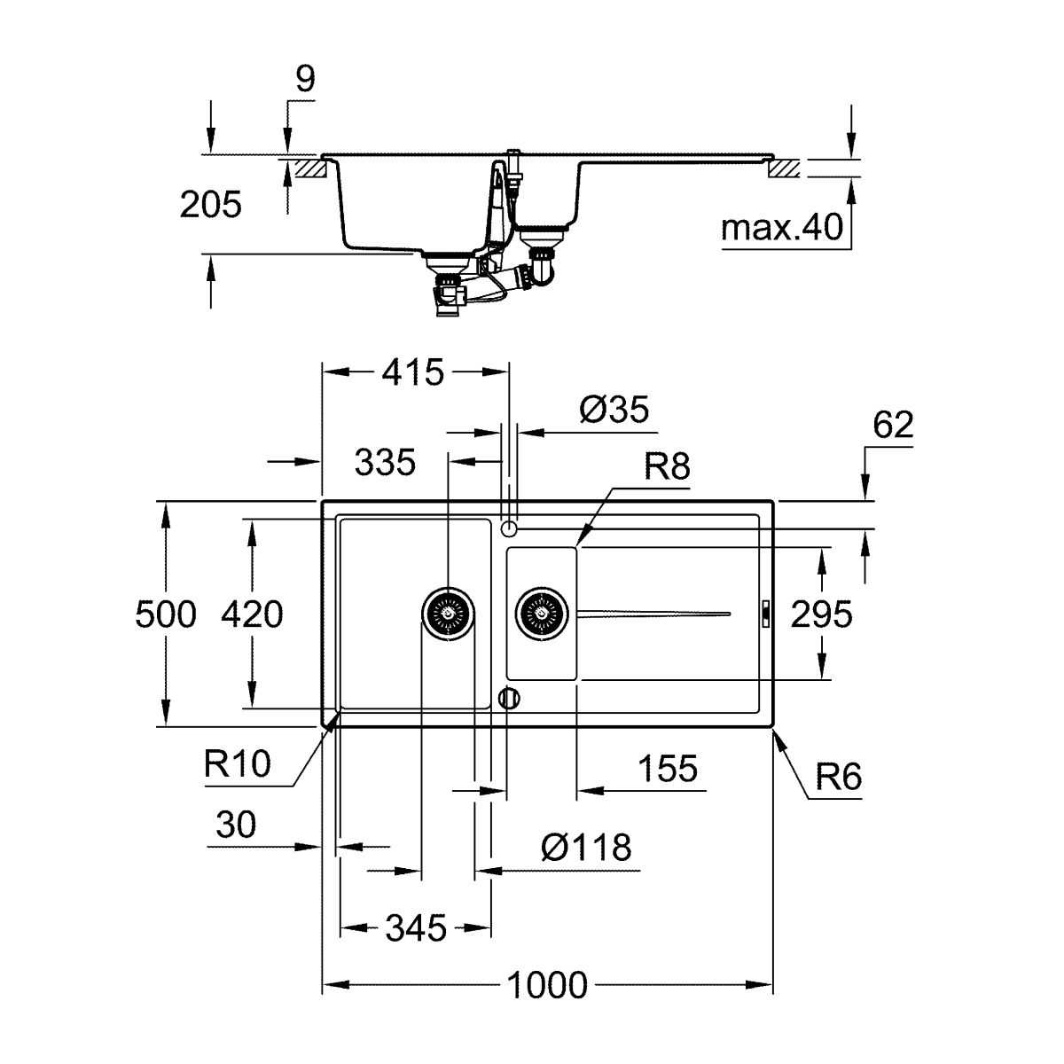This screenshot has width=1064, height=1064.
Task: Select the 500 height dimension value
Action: pos(166,614)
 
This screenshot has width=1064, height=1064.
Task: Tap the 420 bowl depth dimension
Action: pos(252,614)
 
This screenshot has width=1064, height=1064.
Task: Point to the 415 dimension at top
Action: pos(413,372)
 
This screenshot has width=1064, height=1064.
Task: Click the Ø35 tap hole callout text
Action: pos(614,410)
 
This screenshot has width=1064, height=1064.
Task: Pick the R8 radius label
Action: pos(667,466)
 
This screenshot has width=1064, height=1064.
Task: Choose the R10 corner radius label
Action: pos(238,764)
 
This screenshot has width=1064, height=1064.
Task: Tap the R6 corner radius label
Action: pos(838,777)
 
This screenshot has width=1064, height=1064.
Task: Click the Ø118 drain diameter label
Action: pos(586,847)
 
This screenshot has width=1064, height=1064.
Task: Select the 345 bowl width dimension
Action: pos(416,928)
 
